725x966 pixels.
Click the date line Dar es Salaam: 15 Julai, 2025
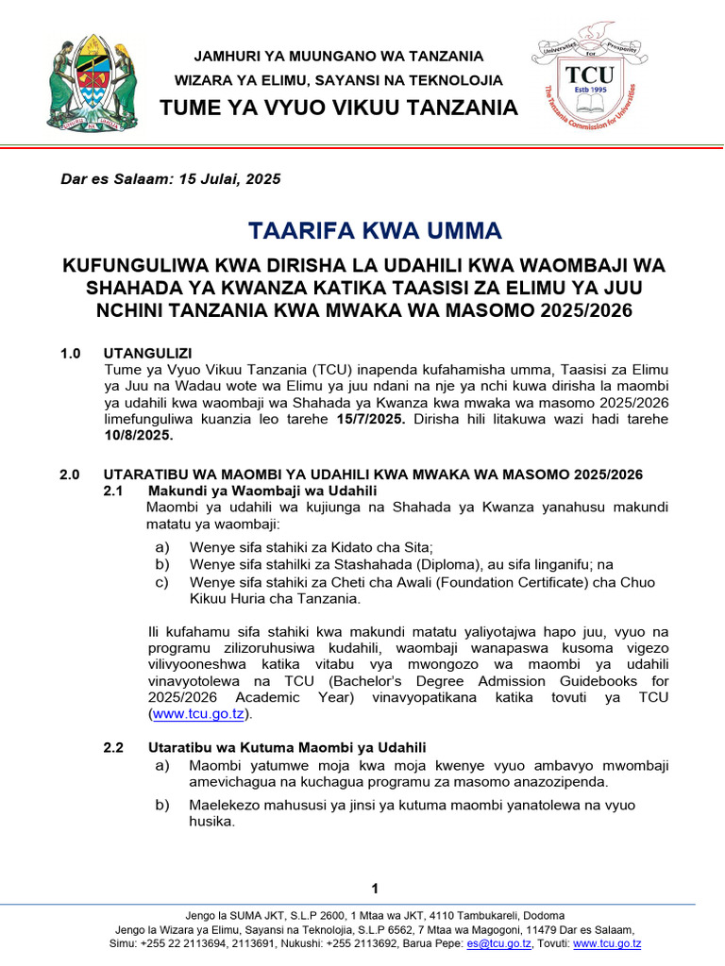coord(171,178)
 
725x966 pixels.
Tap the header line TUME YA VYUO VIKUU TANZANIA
coord(339,108)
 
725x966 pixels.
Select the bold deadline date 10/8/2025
coord(138,437)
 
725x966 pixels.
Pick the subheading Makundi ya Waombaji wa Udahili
coord(262,491)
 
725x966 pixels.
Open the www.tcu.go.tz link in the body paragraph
coord(196,715)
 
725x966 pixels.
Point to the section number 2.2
coord(113,747)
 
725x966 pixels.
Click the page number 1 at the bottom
coord(375,889)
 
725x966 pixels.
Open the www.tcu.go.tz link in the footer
coord(607,943)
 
